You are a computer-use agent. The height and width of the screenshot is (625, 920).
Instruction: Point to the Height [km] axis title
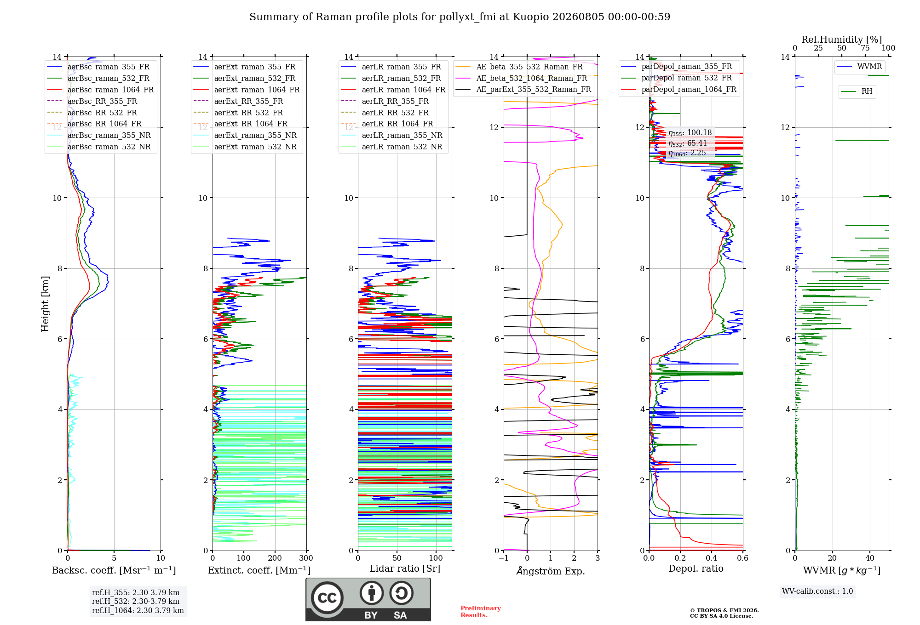[x=45, y=304]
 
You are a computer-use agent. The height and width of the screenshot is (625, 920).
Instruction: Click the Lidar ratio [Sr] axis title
[x=405, y=568]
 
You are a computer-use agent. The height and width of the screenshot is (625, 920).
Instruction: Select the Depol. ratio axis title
[x=696, y=568]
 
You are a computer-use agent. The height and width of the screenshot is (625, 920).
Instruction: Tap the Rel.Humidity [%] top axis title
[x=842, y=40]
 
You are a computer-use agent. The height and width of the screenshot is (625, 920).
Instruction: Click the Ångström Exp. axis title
[x=551, y=571]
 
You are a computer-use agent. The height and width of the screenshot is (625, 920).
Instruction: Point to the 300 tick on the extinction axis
[x=306, y=558]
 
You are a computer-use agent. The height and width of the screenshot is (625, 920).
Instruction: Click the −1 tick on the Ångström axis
[x=504, y=558]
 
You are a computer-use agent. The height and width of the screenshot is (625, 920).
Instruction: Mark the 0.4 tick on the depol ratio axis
[x=712, y=558]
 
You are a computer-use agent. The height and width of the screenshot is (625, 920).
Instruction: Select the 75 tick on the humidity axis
[x=865, y=48]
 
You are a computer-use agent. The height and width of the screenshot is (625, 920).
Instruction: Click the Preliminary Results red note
[x=481, y=612]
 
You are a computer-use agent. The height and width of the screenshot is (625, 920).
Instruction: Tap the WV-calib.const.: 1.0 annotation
[x=817, y=591]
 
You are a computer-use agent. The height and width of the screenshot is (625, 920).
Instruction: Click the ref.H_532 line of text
[x=136, y=601]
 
